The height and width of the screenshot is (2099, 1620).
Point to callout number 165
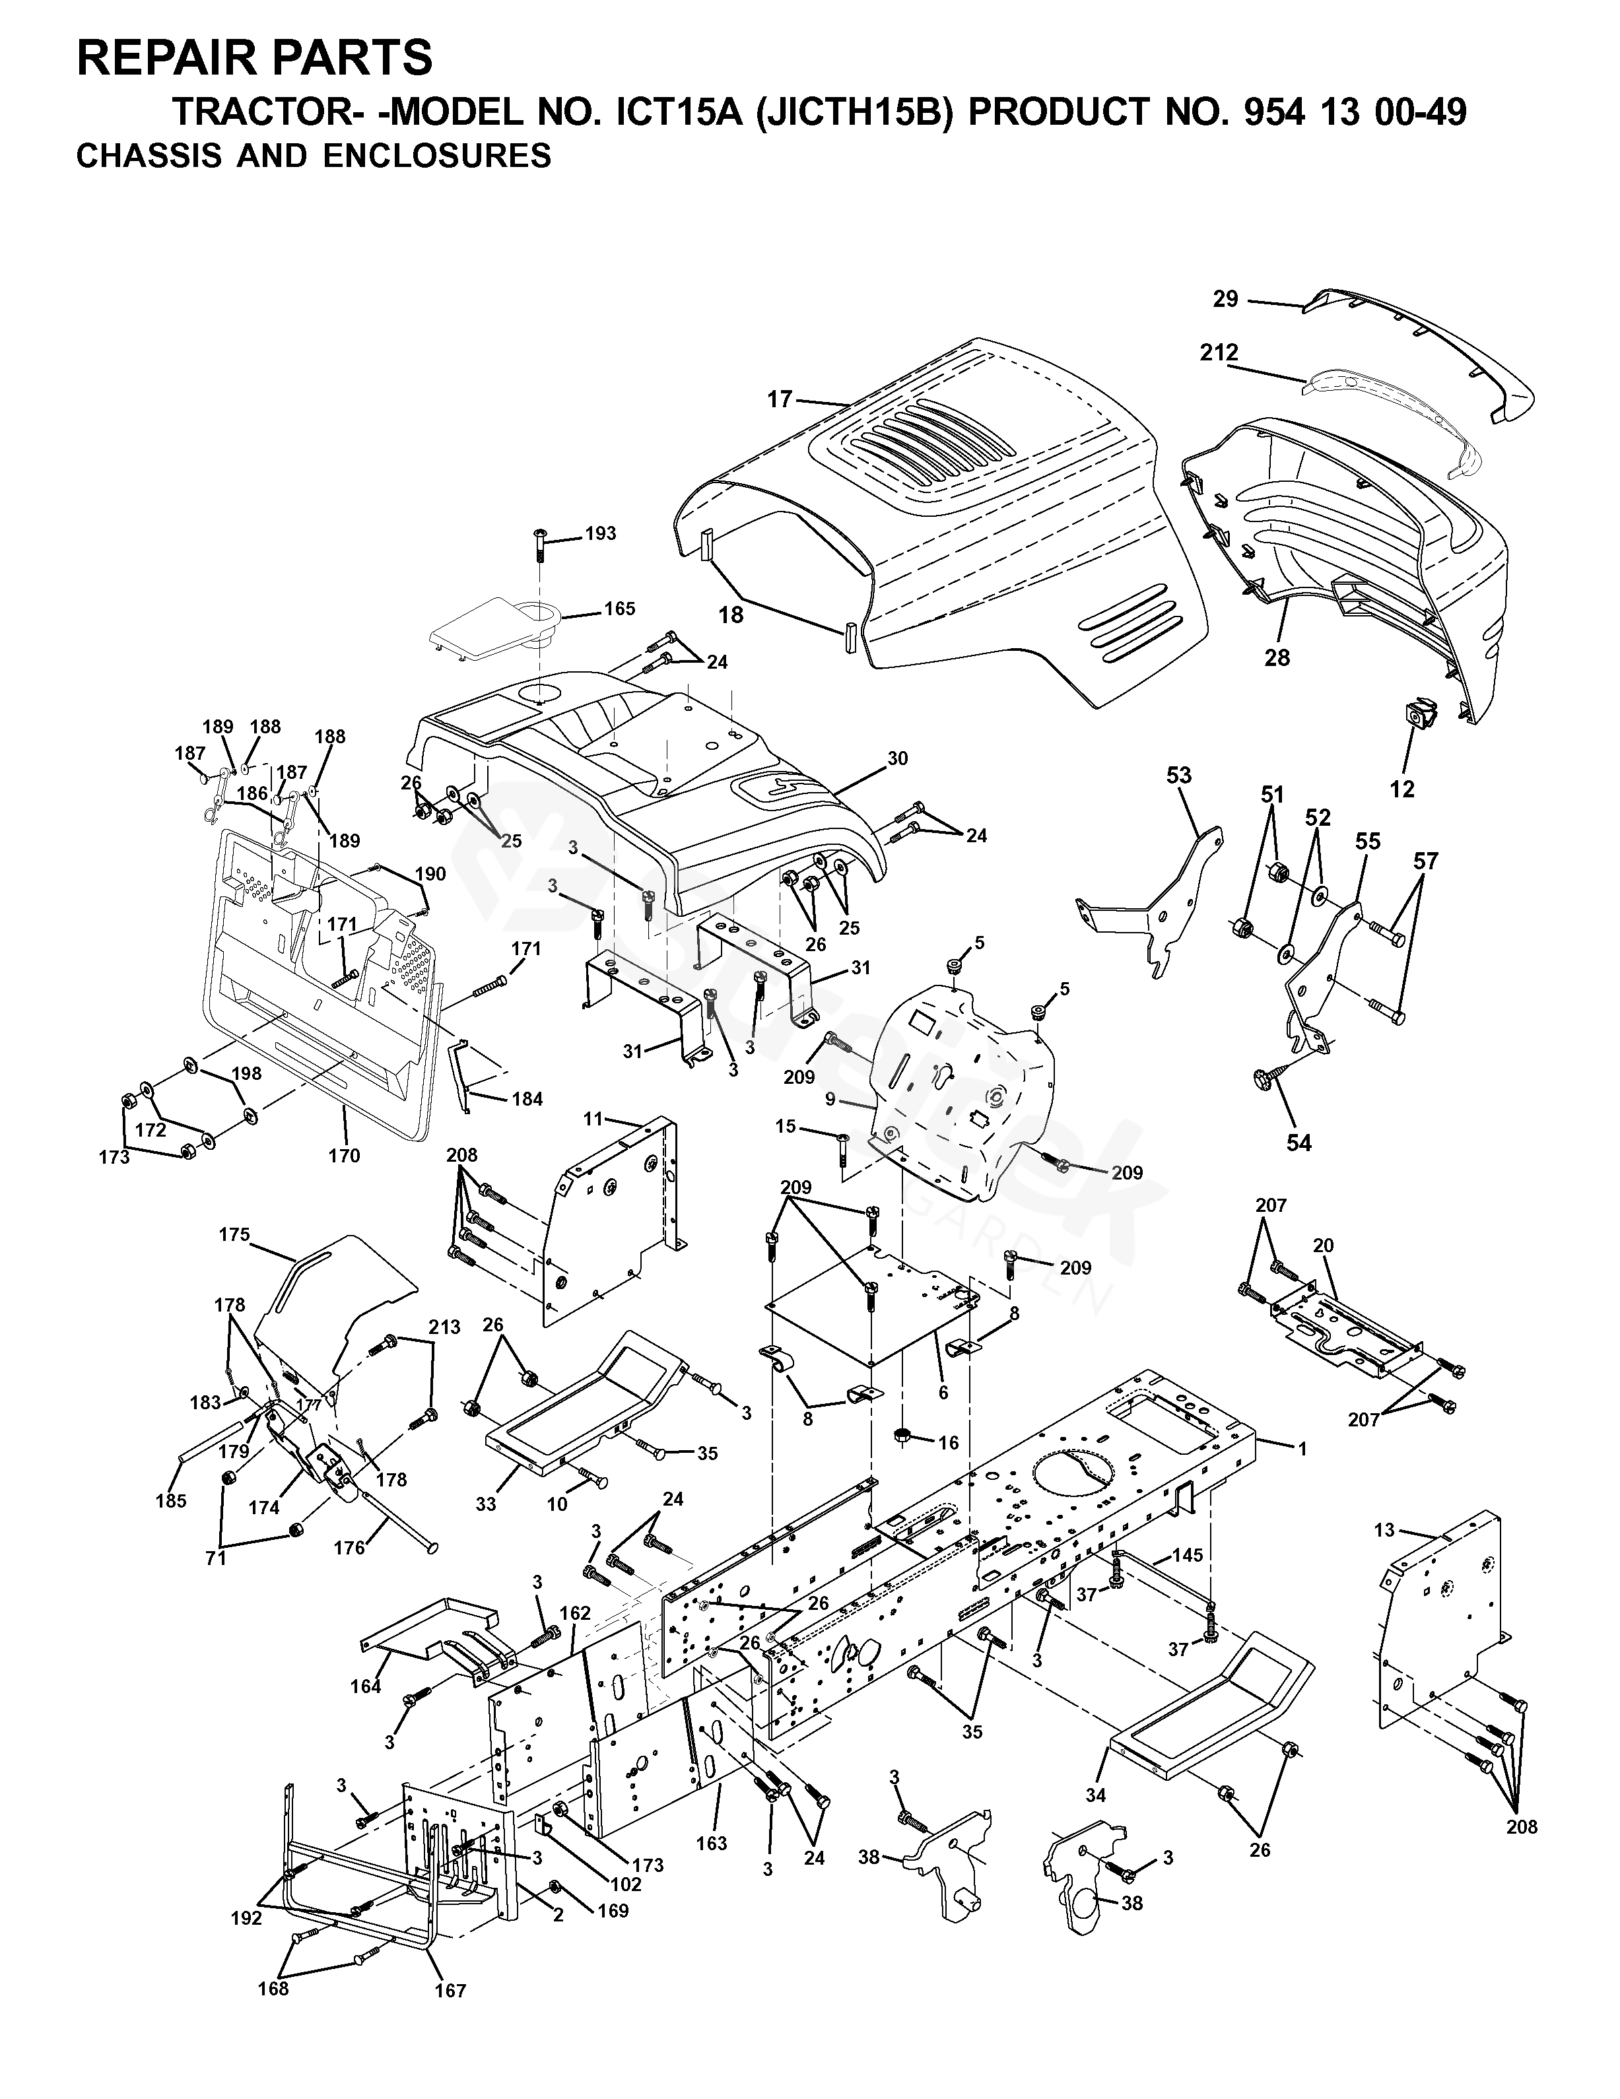(x=619, y=609)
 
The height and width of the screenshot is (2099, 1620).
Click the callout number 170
(x=343, y=1155)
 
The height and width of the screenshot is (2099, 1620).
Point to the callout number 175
(x=234, y=1235)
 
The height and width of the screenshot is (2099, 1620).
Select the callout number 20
(x=1323, y=1246)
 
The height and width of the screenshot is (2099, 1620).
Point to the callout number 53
(x=1179, y=775)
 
